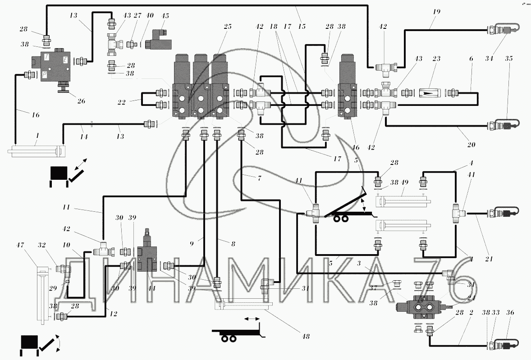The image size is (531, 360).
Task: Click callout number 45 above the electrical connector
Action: click(166, 16)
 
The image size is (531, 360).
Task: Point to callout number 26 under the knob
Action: click(81, 100)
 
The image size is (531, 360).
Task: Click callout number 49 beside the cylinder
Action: click(405, 182)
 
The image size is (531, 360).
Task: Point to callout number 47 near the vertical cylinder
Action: click(32, 245)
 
